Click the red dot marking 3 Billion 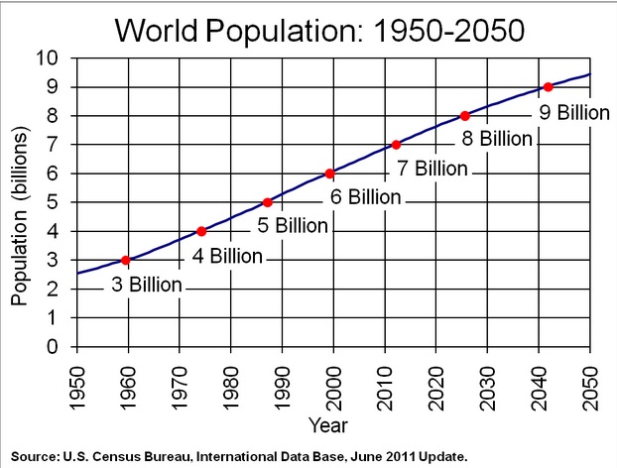[126, 260]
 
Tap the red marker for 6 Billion [329, 174]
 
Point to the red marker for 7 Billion [397, 145]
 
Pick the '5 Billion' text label [292, 226]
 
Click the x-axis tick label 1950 [76, 380]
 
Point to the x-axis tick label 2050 [591, 380]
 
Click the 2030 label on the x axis [488, 380]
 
